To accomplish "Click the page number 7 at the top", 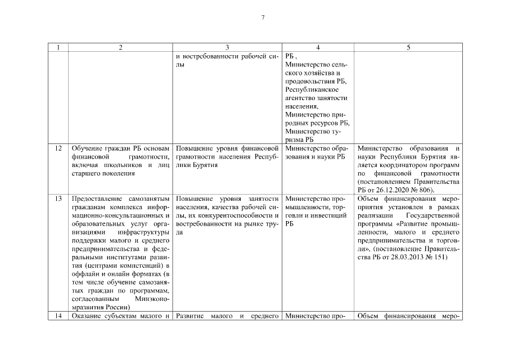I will pos(263,17).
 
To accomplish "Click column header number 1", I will pos(59,47).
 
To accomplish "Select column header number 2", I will pos(120,47).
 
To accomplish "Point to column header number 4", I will pos(318,47).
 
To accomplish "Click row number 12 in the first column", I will pos(59,148).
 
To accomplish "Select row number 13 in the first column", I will pos(59,199).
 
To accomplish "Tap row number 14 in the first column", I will pos(59,316).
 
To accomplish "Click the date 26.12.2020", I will pos(407,191).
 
